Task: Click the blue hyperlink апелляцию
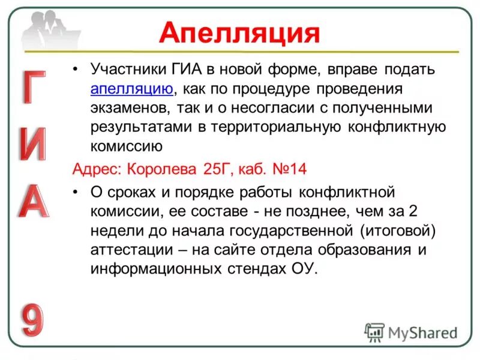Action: (132, 89)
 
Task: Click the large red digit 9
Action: (34, 319)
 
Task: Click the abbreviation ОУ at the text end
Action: (302, 268)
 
